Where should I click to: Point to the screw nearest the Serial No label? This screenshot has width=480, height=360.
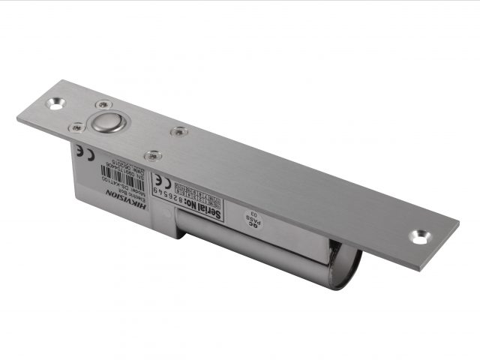point(152,156)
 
